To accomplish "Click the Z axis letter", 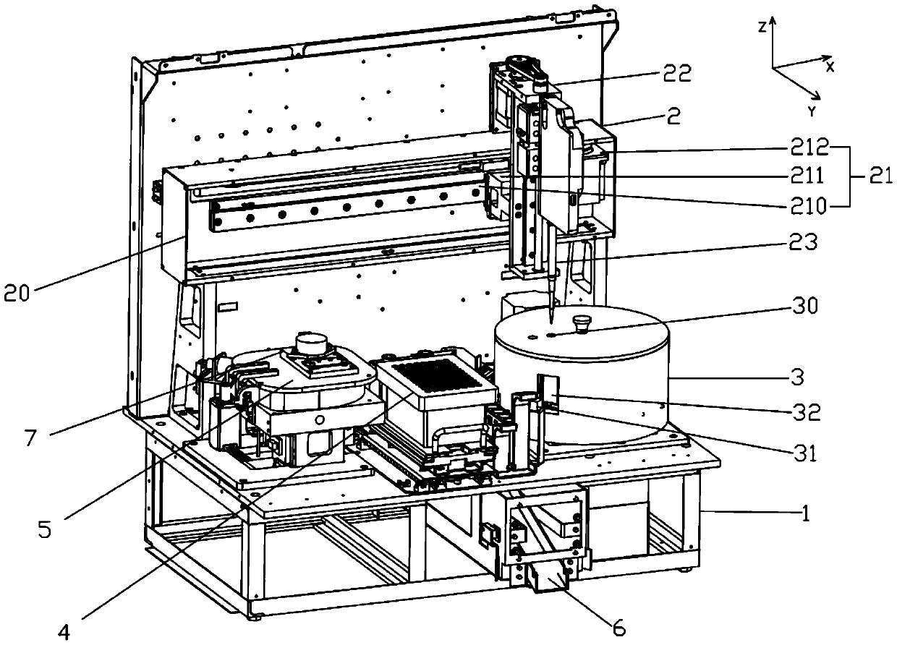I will (762, 27).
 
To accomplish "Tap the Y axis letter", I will (812, 111).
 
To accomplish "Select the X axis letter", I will (830, 67).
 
